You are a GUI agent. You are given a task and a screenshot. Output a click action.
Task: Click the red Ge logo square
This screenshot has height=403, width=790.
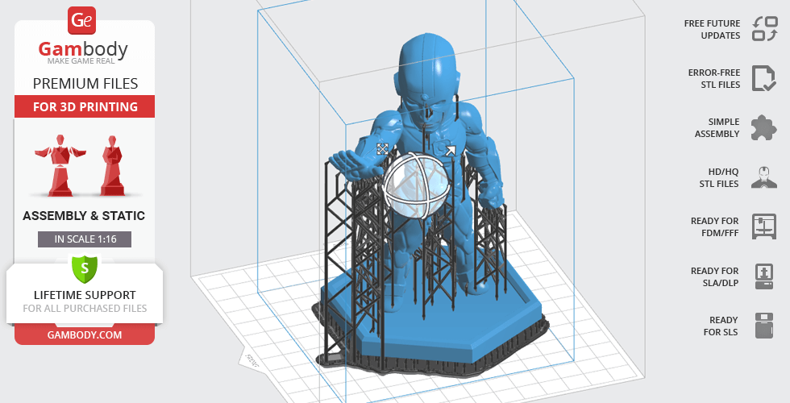tap(81, 20)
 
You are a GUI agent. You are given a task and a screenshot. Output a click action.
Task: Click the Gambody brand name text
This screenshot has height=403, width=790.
tap(83, 49)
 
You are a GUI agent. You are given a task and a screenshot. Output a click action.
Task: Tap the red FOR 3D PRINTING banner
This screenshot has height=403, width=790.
tap(85, 106)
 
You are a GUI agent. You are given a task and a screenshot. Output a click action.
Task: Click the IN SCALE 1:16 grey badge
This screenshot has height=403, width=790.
tap(85, 239)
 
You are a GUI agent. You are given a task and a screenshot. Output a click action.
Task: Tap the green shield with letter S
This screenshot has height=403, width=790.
tap(85, 268)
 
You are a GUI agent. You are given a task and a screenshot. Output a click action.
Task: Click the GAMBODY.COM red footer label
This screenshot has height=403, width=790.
tap(85, 335)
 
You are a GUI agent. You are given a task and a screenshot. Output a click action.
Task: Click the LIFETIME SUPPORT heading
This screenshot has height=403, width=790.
tap(85, 295)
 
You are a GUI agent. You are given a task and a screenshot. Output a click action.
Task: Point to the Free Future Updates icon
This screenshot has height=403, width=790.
tap(764, 29)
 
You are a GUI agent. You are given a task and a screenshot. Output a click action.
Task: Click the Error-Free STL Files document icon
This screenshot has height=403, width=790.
tap(764, 78)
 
